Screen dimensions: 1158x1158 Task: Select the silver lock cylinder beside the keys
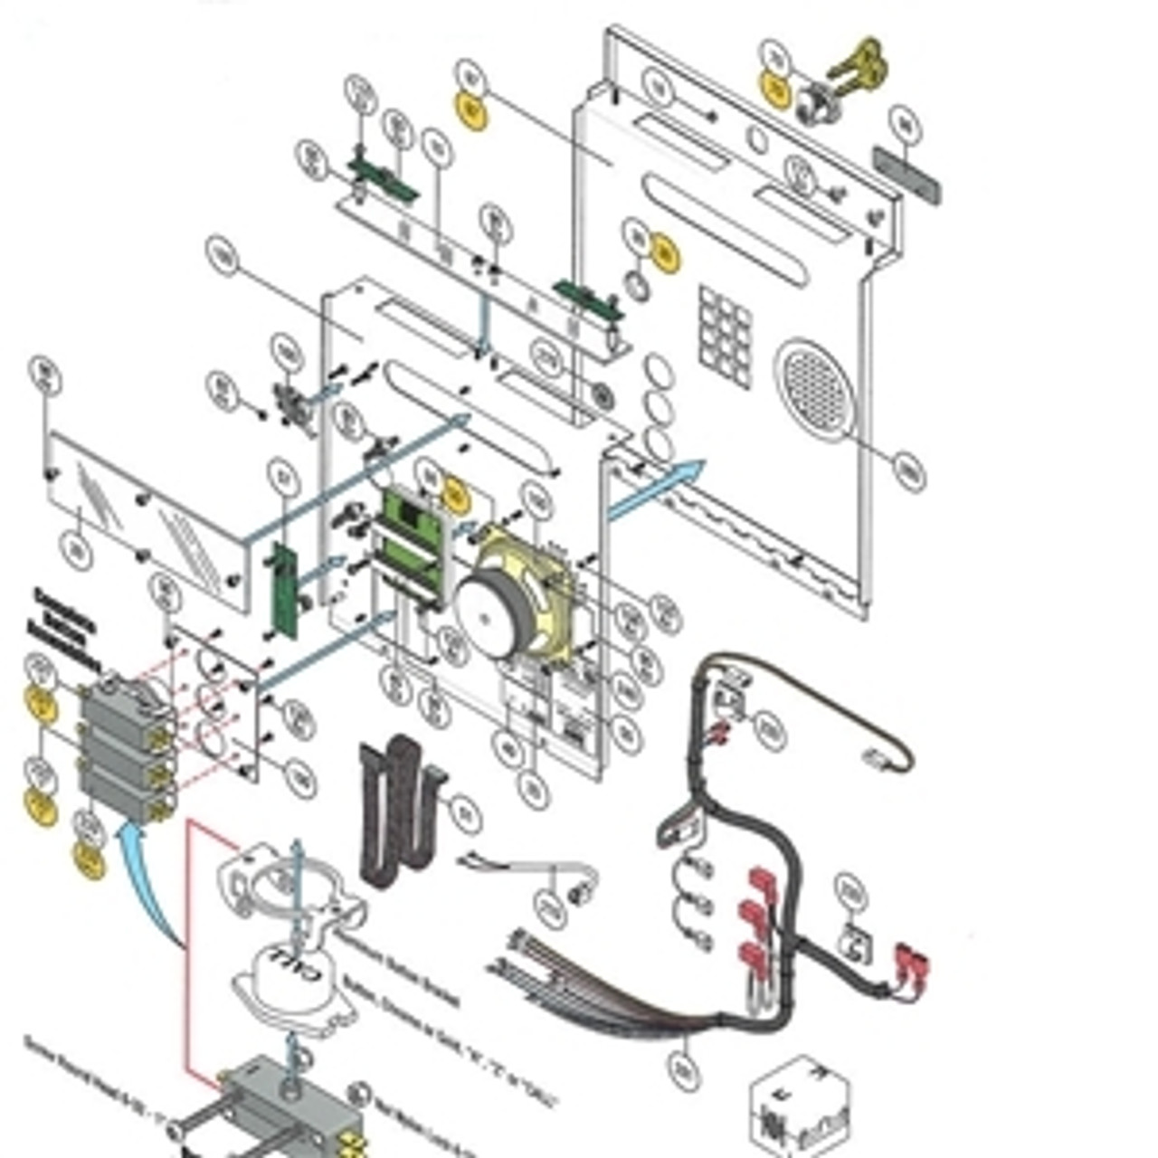pos(817,102)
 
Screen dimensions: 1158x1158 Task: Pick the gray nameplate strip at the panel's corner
pos(906,175)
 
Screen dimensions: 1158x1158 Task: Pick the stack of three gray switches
pos(127,753)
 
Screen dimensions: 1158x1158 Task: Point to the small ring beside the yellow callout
pos(638,286)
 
